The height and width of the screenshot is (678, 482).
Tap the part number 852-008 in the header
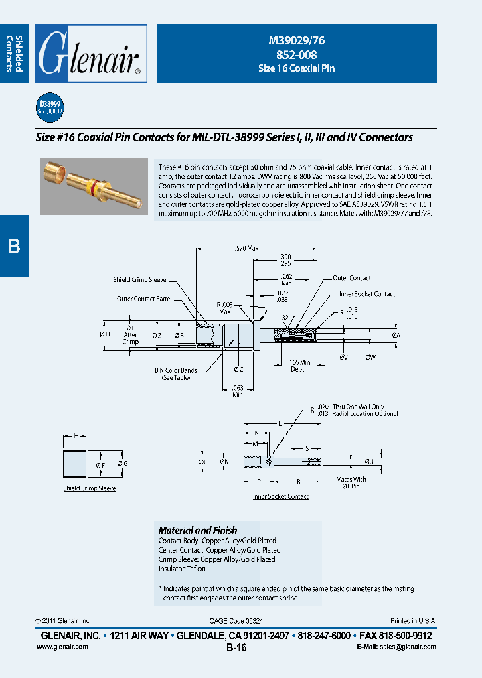pyautogui.click(x=297, y=55)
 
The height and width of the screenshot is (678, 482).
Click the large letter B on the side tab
pyautogui.click(x=14, y=247)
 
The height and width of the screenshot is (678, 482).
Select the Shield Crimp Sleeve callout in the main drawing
pyautogui.click(x=139, y=280)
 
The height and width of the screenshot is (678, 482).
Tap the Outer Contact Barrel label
pyautogui.click(x=145, y=299)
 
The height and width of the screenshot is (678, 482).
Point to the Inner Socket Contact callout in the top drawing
pyautogui.click(x=367, y=294)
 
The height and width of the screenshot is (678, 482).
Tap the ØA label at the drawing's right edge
pyautogui.click(x=396, y=334)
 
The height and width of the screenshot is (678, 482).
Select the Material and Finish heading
pyautogui.click(x=197, y=530)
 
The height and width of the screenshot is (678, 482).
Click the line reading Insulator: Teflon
pyautogui.click(x=182, y=569)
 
